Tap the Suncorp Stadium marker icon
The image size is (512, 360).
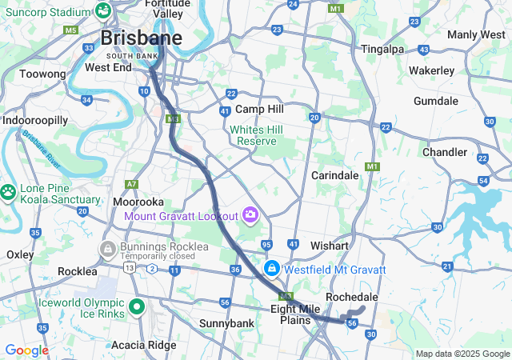[x=103, y=11]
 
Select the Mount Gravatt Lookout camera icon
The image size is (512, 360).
[x=250, y=214]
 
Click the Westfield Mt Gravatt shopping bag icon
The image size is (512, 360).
[x=272, y=268]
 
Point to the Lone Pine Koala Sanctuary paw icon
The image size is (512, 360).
[x=8, y=193]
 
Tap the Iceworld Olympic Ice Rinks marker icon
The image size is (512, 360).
[x=137, y=306]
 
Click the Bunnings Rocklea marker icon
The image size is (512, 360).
[x=107, y=250]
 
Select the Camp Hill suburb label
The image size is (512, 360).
[x=259, y=109]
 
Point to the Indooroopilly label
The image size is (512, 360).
[x=35, y=120]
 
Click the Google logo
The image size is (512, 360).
[x=26, y=350]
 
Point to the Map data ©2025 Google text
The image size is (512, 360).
[x=462, y=354]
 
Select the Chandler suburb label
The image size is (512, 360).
[x=445, y=152]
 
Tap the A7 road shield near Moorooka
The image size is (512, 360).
[x=132, y=184]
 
